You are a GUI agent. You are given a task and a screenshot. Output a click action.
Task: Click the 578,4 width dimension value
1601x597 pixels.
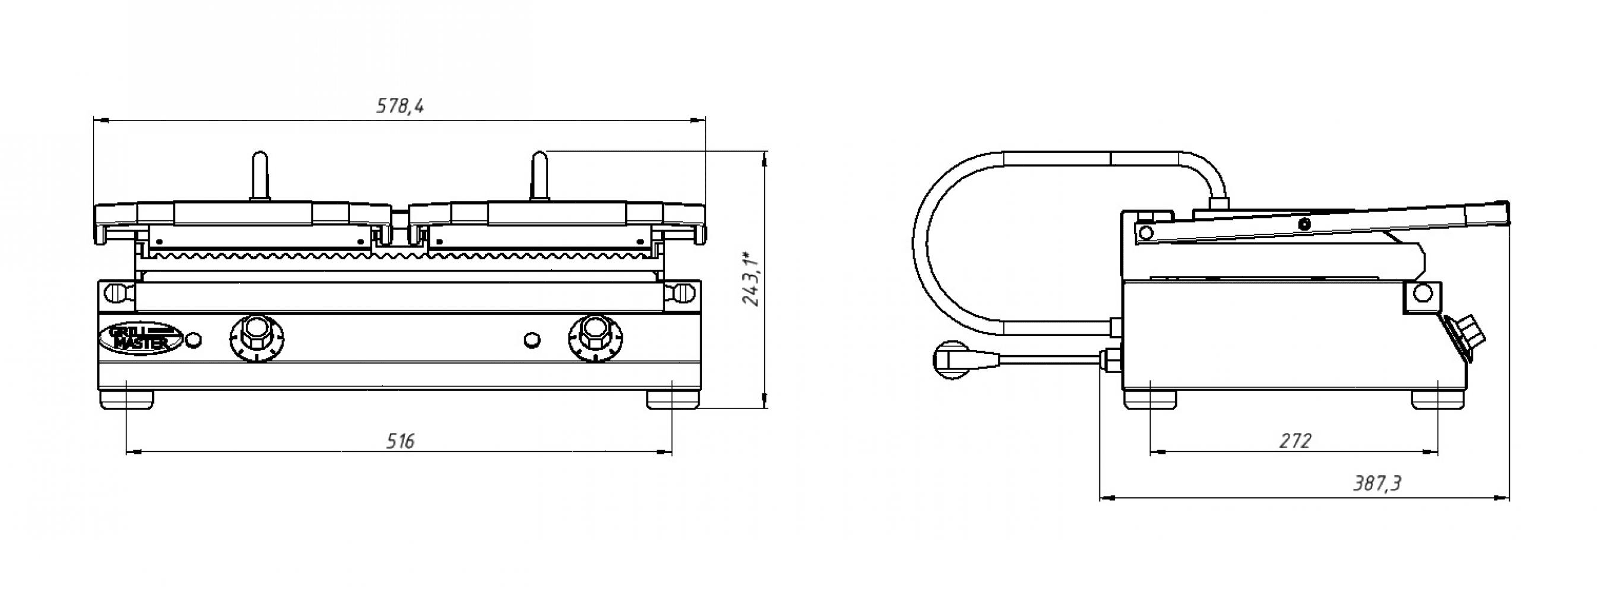[x=400, y=106]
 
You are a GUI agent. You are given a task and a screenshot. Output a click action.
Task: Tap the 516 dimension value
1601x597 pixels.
[x=400, y=442]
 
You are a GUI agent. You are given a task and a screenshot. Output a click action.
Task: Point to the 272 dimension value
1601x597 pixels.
[x=1296, y=441]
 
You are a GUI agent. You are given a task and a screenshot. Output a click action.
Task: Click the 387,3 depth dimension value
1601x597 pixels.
[x=1377, y=483]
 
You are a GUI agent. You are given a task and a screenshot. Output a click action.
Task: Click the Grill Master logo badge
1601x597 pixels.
[x=140, y=338]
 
